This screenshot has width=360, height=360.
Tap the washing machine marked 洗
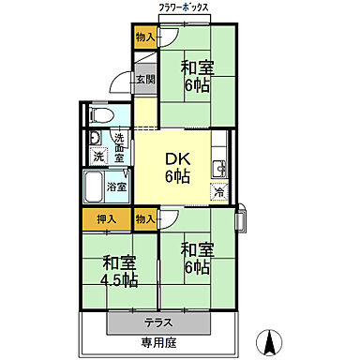click(x=98, y=157)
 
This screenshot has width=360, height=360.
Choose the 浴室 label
click(x=118, y=186)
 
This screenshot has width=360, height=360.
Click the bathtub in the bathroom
click(x=95, y=187)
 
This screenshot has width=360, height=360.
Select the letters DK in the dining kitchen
click(x=179, y=157)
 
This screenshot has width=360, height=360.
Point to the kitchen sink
click(x=218, y=169)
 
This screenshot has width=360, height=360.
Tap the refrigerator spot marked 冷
click(x=217, y=192)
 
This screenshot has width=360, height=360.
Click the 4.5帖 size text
click(x=120, y=280)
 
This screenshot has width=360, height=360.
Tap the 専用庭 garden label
click(x=160, y=343)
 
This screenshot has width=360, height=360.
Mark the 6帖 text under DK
click(x=180, y=177)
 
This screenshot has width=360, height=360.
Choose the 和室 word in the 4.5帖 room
click(x=119, y=262)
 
